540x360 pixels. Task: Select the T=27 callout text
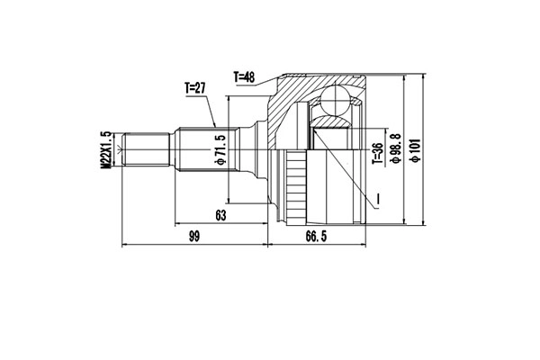tap(196, 88)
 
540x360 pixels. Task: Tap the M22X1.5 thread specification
tap(106, 148)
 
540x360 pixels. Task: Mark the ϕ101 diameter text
tap(414, 148)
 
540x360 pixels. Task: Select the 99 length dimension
tap(193, 236)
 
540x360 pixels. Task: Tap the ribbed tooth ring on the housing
tap(292, 189)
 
